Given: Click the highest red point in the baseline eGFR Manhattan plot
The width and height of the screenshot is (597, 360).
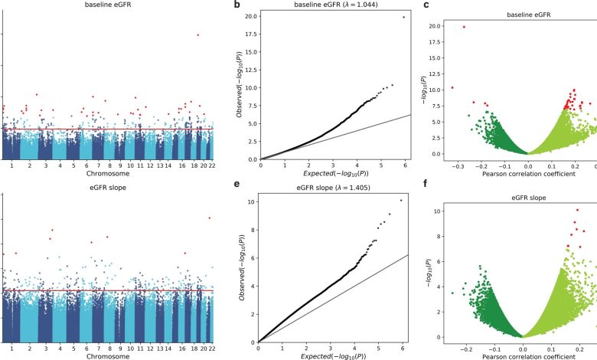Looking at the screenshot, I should pyautogui.click(x=198, y=34).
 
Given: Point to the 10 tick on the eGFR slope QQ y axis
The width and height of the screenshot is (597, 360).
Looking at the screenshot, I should pyautogui.click(x=250, y=202).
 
